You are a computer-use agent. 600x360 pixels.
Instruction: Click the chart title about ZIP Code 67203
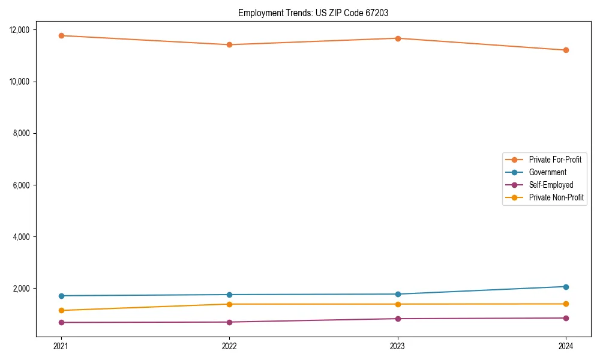[x=313, y=13]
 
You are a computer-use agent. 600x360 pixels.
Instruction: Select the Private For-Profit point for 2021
[x=61, y=35]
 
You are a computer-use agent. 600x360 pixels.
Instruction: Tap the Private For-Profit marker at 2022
[x=229, y=44]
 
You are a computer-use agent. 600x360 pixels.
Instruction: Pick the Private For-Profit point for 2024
[x=566, y=50]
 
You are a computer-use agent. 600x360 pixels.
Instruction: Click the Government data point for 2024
[x=566, y=287]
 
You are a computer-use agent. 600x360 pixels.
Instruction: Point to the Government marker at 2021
[x=61, y=296]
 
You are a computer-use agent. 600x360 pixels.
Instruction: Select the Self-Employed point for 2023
[x=398, y=319]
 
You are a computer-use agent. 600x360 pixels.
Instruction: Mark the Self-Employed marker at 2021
[x=61, y=322]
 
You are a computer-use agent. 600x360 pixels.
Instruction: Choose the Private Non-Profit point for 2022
[x=229, y=304]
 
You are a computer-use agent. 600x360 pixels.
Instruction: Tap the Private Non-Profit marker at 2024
[x=566, y=304]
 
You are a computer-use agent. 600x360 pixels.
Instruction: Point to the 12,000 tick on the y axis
[x=24, y=30]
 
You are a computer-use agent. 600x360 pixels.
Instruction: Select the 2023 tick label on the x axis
[x=398, y=346]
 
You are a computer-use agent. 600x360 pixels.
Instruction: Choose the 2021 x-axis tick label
[x=61, y=346]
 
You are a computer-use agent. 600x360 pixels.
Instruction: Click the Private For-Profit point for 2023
[x=398, y=38]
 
